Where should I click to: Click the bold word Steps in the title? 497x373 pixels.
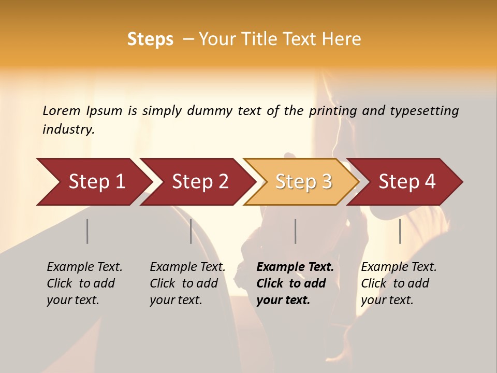tap(150, 39)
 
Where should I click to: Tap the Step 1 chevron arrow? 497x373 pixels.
tap(96, 182)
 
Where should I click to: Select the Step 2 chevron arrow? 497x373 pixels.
tap(199, 182)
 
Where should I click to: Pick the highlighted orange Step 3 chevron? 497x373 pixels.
tap(303, 182)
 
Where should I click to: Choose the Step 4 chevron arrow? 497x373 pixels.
tap(406, 182)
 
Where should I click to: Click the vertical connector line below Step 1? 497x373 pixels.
tap(87, 231)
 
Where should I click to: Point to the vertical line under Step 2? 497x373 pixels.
tap(191, 231)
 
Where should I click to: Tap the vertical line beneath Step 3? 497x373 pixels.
tap(296, 231)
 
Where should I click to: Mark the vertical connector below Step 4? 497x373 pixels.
tap(400, 231)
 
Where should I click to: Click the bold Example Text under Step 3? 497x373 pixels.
tap(295, 267)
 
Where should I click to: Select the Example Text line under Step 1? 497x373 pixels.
tap(84, 267)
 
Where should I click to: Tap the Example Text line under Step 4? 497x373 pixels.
tap(399, 267)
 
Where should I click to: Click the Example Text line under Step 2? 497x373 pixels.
tap(187, 267)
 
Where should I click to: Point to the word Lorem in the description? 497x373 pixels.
tap(62, 111)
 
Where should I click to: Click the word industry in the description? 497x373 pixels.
tap(68, 129)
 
